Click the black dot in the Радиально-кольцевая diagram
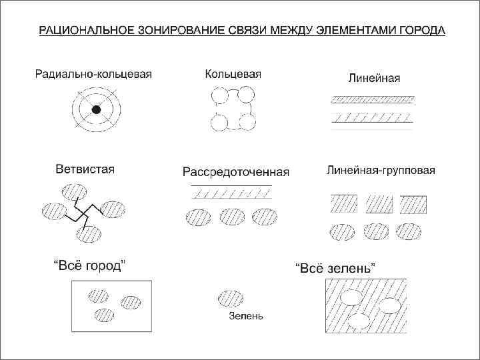[x=96, y=110]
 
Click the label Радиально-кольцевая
[x=93, y=74]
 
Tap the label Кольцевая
[x=233, y=74]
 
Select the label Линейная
[x=374, y=78]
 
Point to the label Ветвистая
[x=85, y=169]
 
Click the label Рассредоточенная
[x=236, y=172]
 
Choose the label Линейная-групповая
[x=381, y=170]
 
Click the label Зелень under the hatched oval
[x=245, y=316]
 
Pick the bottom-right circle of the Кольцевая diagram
[x=247, y=122]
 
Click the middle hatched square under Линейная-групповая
[x=379, y=203]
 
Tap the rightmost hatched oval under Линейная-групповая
[x=409, y=230]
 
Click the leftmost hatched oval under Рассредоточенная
[x=197, y=217]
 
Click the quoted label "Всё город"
[x=87, y=265]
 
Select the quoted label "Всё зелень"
[x=335, y=268]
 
